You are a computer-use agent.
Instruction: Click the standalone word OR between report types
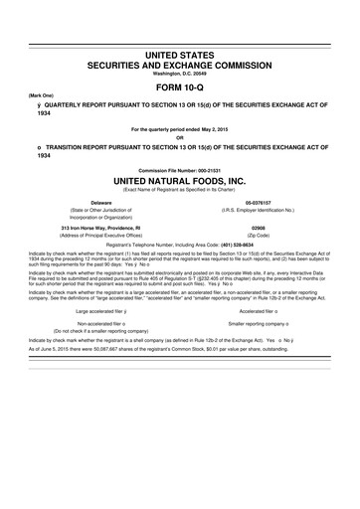click(179, 137)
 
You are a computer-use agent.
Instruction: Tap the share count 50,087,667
click(94, 350)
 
